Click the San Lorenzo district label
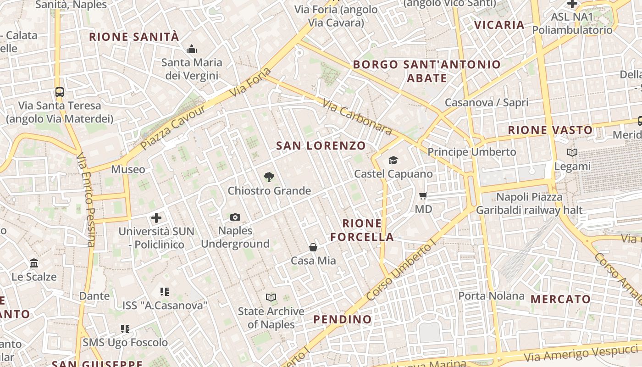click(321, 146)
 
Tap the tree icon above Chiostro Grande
click(269, 177)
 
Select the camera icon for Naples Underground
click(235, 217)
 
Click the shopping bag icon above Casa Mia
click(313, 247)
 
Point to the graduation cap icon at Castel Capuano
click(393, 160)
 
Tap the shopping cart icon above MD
click(423, 195)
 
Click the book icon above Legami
click(572, 152)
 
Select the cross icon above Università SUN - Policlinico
click(156, 217)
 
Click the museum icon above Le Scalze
click(34, 263)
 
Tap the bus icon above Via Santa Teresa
click(60, 92)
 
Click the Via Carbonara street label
click(357, 117)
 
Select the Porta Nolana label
click(491, 296)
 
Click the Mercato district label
click(560, 299)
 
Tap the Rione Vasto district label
click(550, 130)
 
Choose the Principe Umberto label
click(471, 152)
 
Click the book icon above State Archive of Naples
click(271, 298)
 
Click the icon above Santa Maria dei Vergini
click(191, 49)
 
